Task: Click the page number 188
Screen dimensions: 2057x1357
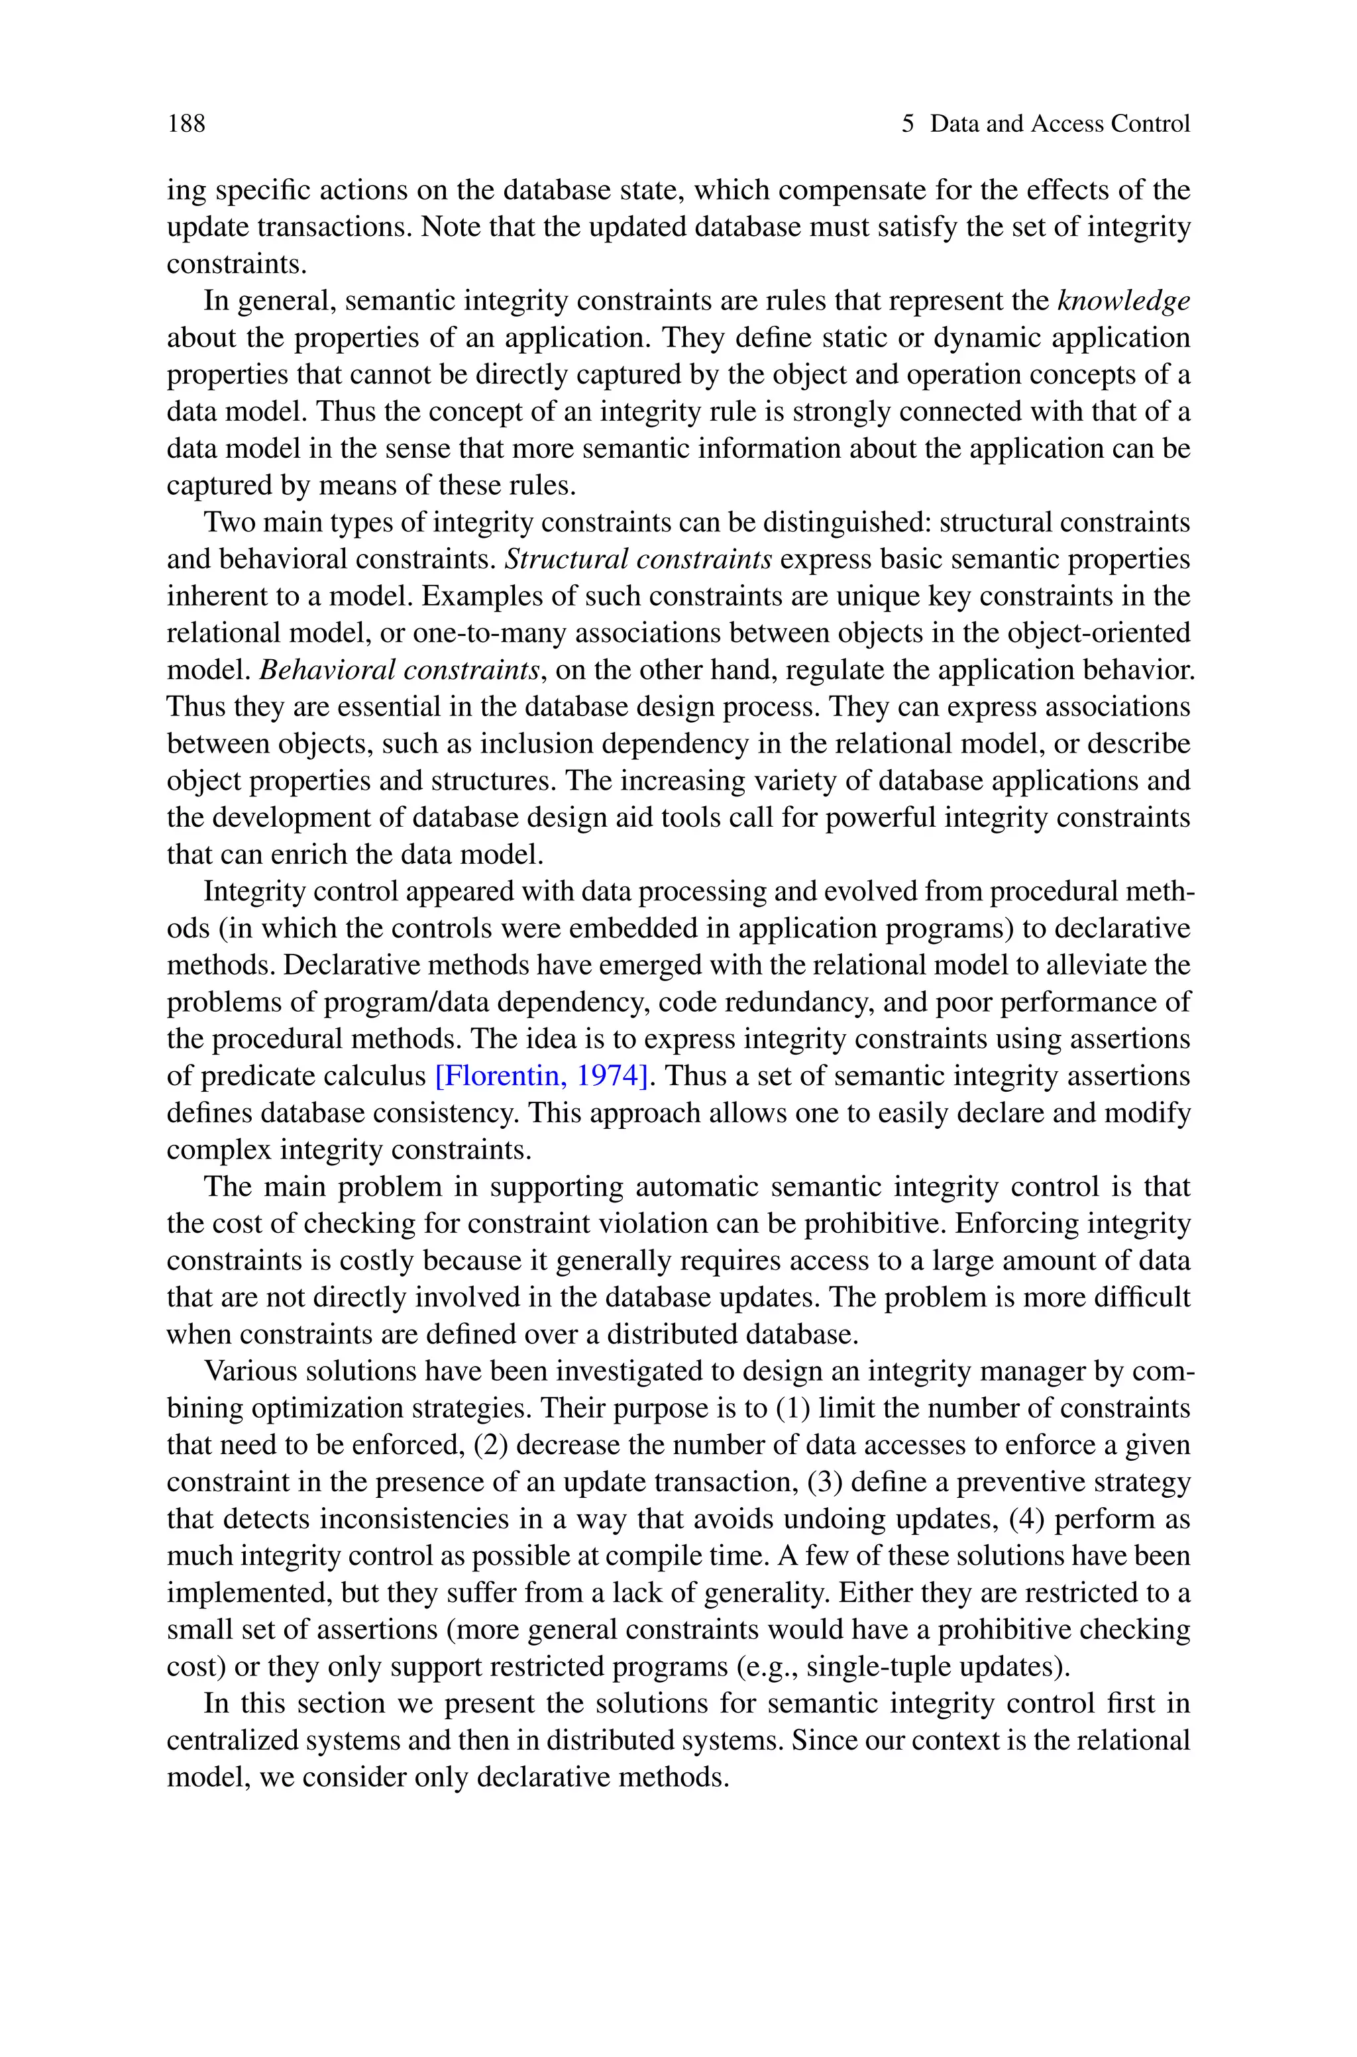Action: (x=186, y=124)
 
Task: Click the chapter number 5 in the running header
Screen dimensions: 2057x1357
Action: (x=907, y=124)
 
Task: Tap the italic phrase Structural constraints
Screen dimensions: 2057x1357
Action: (x=638, y=558)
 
